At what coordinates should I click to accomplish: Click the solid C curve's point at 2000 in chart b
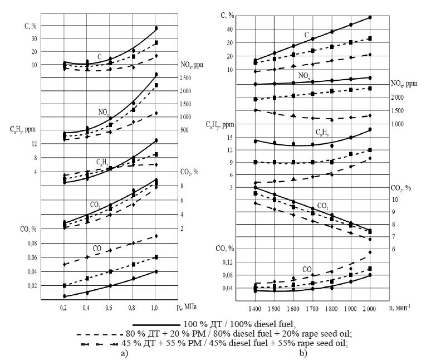point(370,17)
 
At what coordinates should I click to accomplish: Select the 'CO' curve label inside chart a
point(97,247)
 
